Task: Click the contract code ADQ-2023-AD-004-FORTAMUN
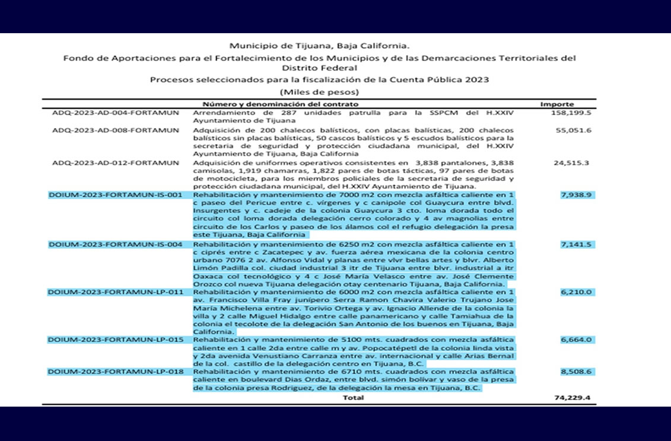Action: [x=116, y=113]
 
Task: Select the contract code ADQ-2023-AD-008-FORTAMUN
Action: [x=116, y=130]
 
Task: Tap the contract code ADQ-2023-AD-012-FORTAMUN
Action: [x=116, y=162]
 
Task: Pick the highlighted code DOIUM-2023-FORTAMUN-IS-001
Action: [x=115, y=195]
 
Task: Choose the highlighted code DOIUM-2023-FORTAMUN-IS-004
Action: [x=115, y=244]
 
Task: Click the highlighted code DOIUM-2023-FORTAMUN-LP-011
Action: [x=115, y=292]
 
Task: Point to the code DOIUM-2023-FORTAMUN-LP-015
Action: [x=115, y=340]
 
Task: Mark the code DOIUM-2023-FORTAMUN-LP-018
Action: [x=115, y=372]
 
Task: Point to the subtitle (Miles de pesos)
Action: [x=319, y=92]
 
